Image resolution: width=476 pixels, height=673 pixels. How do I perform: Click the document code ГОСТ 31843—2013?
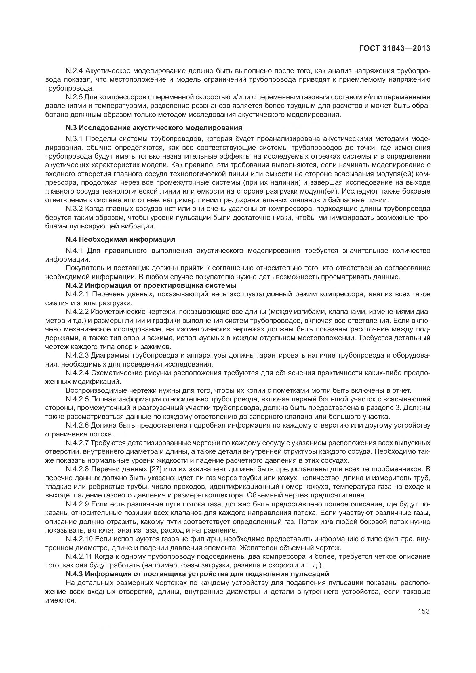[x=395, y=48]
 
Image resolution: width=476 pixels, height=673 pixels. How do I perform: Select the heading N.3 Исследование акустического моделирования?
[x=154, y=128]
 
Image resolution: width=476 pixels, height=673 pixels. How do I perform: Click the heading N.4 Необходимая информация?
[x=120, y=239]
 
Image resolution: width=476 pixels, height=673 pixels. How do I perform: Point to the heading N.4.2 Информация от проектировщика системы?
[x=151, y=285]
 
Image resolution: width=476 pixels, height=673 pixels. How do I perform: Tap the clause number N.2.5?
[x=75, y=97]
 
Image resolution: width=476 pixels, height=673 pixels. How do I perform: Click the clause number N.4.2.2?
[x=77, y=311]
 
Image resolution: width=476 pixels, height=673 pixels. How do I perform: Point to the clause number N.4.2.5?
[x=77, y=399]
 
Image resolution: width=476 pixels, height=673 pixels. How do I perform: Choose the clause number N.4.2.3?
[x=77, y=356]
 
